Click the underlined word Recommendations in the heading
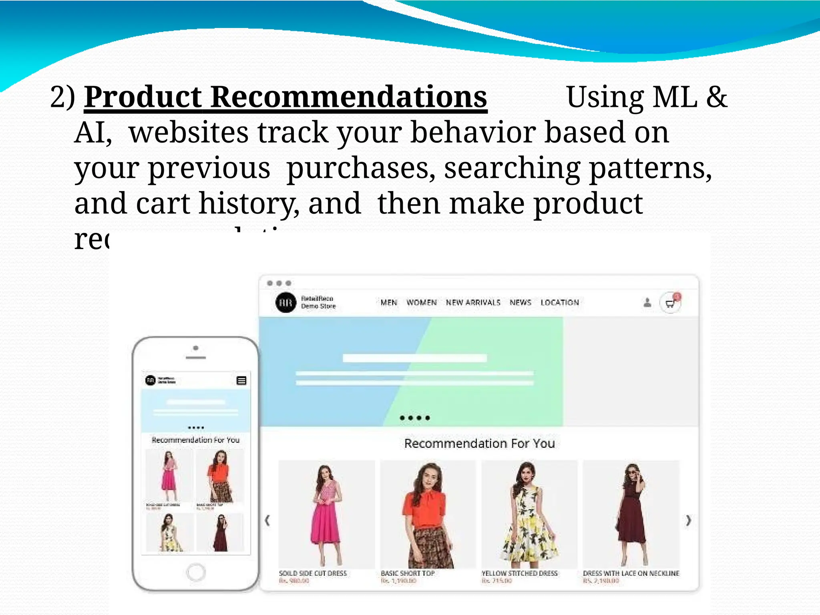click(x=348, y=97)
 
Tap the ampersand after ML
click(x=716, y=97)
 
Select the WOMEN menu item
click(x=422, y=302)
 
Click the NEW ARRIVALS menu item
click(x=473, y=302)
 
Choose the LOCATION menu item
click(x=560, y=302)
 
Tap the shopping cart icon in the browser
click(x=670, y=303)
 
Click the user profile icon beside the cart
click(x=647, y=303)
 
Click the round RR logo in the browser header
click(x=286, y=302)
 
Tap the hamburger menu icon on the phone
click(x=241, y=380)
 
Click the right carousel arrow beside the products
click(x=688, y=520)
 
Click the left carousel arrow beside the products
click(x=267, y=520)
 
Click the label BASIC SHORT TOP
click(x=408, y=573)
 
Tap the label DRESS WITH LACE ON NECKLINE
click(x=631, y=573)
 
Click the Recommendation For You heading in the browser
click(x=479, y=444)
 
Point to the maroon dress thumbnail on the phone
click(x=220, y=533)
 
